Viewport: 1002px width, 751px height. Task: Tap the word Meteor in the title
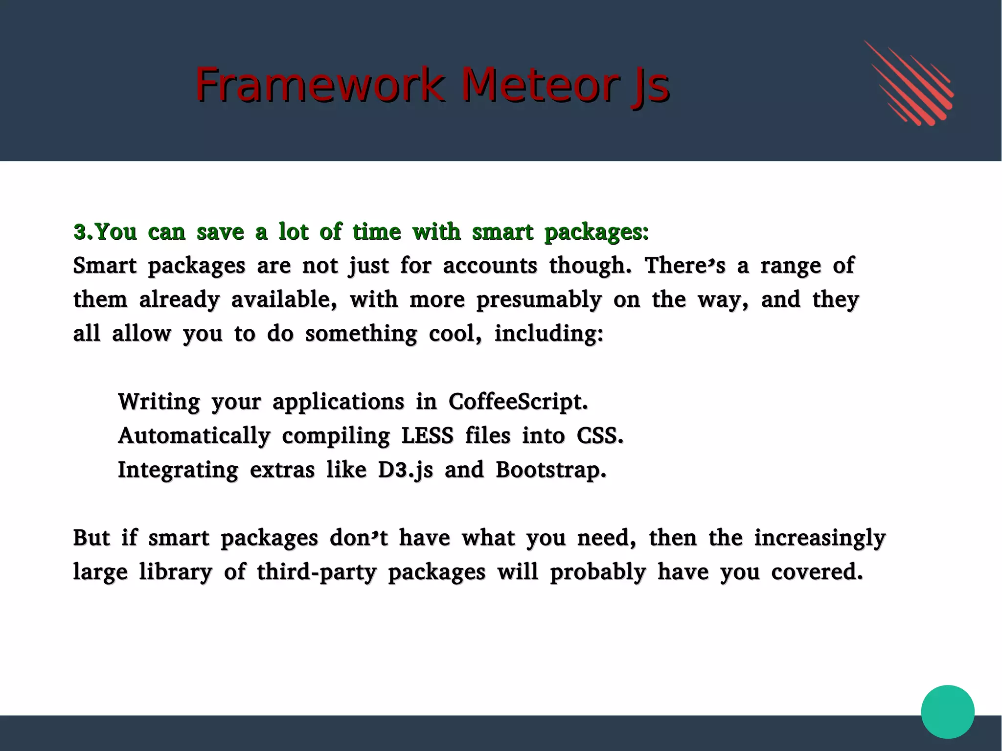[538, 85]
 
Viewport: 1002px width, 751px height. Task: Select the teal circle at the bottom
[947, 711]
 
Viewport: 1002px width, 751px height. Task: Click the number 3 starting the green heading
[80, 232]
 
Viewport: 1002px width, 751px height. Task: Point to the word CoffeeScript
[518, 402]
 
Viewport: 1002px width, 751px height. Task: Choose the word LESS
[427, 435]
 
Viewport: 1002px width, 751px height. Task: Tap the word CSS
[599, 435]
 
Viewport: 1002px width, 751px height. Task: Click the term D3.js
[405, 470]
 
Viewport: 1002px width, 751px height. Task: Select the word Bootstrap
[550, 470]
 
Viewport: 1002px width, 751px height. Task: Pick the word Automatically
[194, 435]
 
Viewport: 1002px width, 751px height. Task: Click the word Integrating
[178, 470]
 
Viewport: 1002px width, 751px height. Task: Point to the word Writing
[159, 402]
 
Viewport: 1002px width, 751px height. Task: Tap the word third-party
[317, 572]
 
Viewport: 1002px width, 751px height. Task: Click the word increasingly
[820, 538]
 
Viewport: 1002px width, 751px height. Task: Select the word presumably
[539, 299]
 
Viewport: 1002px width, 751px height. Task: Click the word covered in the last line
[817, 572]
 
